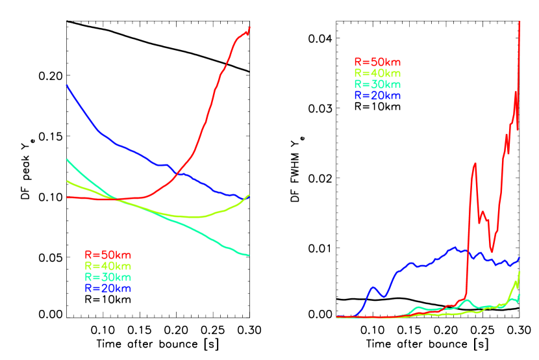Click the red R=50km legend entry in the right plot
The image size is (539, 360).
(x=377, y=62)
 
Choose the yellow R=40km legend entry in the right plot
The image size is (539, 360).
(x=377, y=73)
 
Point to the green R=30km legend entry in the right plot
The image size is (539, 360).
(x=377, y=84)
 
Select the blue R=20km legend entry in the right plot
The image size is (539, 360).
(x=377, y=96)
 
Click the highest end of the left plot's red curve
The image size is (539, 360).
(x=249, y=27)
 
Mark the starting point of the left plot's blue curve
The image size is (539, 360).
(x=66, y=84)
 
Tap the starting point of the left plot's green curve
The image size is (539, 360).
(x=66, y=159)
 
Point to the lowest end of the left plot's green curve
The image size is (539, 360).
(x=249, y=255)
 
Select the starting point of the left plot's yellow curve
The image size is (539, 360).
(x=66, y=181)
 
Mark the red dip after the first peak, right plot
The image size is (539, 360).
(x=492, y=251)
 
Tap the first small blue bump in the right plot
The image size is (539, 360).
(x=373, y=287)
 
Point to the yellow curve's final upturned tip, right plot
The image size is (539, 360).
(x=520, y=272)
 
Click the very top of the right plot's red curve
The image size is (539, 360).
(x=520, y=21)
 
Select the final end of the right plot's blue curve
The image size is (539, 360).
(x=520, y=258)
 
